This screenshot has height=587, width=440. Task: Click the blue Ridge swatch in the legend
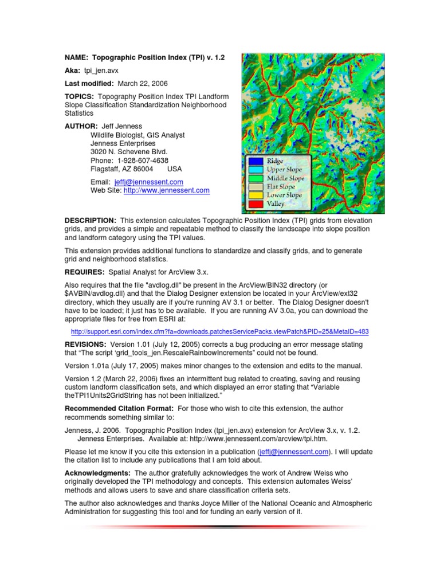(256, 162)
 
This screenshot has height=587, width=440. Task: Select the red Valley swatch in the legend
(256, 204)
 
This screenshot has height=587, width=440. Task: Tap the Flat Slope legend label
(281, 187)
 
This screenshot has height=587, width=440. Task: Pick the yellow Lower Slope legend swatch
(256, 195)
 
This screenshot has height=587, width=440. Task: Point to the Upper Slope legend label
(284, 170)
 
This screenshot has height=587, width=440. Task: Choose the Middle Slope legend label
(285, 178)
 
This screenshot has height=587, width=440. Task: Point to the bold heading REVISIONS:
(85, 344)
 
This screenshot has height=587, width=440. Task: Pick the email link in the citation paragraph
(294, 451)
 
